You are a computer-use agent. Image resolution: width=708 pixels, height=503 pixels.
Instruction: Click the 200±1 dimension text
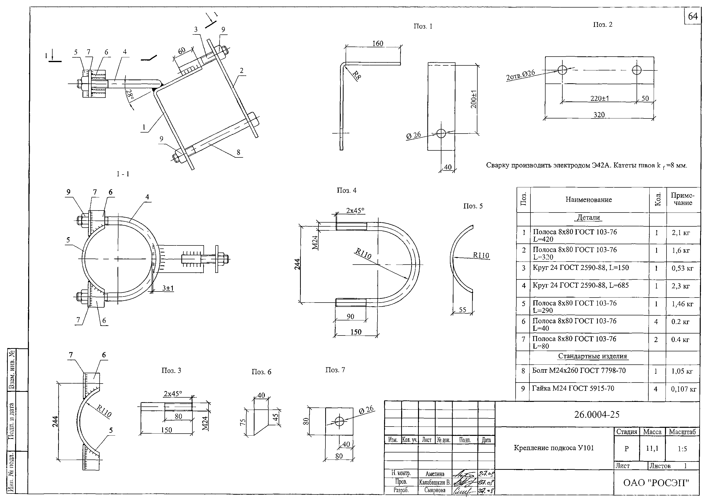click(474, 99)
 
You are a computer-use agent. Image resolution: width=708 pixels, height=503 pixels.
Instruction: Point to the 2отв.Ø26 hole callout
click(520, 75)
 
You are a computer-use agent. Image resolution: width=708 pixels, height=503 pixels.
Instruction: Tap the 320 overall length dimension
click(599, 115)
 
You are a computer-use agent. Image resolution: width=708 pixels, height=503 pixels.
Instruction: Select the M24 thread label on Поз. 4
click(315, 242)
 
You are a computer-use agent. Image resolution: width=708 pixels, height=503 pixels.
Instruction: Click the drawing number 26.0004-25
click(597, 414)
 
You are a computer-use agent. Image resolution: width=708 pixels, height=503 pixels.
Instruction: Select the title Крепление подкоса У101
click(554, 448)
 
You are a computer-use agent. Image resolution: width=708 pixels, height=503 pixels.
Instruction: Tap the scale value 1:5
click(682, 449)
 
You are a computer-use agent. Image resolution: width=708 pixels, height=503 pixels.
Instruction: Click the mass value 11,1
click(652, 448)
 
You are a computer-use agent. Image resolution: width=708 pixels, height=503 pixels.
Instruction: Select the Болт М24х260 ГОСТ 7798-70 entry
click(578, 371)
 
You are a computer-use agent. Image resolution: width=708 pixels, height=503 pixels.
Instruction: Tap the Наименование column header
click(589, 200)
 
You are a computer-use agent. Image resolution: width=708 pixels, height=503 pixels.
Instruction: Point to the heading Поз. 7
click(335, 370)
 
